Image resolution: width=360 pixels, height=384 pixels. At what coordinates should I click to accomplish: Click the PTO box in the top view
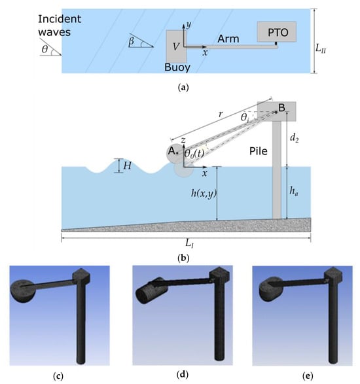276,31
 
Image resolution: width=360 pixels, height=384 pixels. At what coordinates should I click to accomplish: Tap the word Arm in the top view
228,39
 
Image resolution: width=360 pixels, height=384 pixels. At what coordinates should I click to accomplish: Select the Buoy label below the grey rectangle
177,67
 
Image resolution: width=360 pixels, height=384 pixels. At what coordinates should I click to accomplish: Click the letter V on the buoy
175,46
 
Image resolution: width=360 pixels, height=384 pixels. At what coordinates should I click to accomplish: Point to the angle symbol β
132,42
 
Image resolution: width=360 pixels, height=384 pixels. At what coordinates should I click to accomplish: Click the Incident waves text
60,26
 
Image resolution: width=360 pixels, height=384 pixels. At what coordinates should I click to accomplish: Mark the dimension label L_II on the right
321,48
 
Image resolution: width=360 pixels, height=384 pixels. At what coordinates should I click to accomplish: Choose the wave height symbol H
127,166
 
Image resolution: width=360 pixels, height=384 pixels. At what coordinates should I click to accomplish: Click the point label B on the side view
281,107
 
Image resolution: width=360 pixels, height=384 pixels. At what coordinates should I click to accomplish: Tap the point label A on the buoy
173,151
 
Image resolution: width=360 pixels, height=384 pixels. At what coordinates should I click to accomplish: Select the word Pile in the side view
259,151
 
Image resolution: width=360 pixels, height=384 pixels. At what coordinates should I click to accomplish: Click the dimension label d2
294,138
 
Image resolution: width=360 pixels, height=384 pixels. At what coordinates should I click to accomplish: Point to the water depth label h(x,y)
204,194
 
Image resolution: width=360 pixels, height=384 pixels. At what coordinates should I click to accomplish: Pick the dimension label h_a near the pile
294,190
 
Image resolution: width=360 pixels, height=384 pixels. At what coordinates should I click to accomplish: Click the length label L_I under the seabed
189,243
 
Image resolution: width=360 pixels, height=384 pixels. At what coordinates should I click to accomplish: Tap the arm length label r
221,114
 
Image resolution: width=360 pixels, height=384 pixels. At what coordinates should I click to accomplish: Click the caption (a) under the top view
183,87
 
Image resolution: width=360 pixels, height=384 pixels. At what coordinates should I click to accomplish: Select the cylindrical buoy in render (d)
151,290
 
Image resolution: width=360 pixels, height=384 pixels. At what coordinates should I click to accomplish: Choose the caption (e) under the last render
308,375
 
